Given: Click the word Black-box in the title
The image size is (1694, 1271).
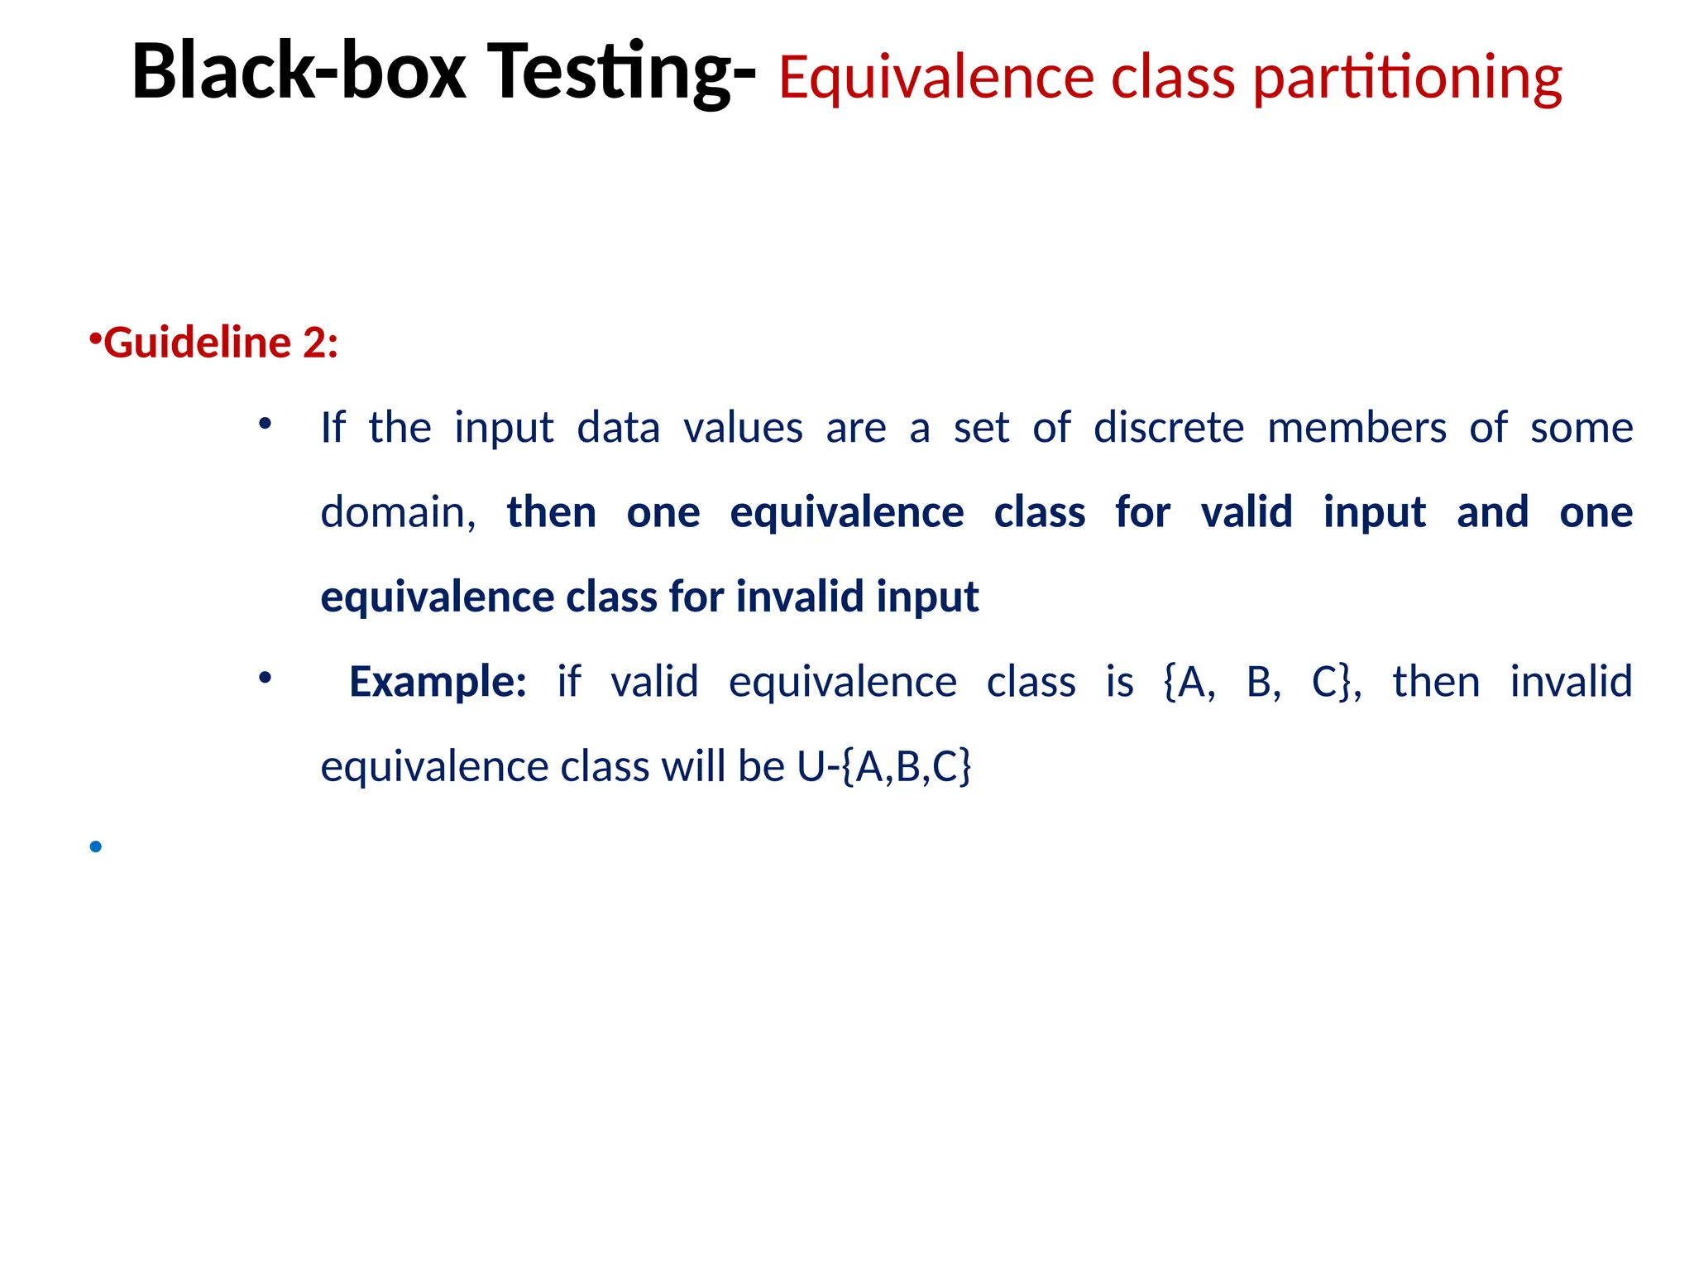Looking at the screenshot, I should [x=299, y=73].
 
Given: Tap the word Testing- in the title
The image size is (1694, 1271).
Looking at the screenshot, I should [x=620, y=73].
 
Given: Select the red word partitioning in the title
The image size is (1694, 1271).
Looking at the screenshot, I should [x=1407, y=79].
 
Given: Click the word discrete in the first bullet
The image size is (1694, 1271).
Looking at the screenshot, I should [x=1168, y=429].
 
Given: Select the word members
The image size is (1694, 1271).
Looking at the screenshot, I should [x=1357, y=429].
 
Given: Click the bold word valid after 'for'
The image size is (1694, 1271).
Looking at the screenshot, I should [x=1247, y=512].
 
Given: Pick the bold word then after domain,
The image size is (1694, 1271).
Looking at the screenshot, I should [x=551, y=512].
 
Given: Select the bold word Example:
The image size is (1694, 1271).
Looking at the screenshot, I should [x=438, y=682].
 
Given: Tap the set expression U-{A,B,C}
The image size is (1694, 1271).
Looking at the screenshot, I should [x=884, y=767].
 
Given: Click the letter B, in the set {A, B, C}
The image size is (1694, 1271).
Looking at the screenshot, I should [x=1262, y=683].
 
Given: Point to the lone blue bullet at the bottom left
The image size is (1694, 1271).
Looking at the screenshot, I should [x=95, y=847].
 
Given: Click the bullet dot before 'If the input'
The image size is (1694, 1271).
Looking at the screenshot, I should [x=265, y=424].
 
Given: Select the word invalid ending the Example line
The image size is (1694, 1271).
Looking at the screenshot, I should [x=1571, y=682].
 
